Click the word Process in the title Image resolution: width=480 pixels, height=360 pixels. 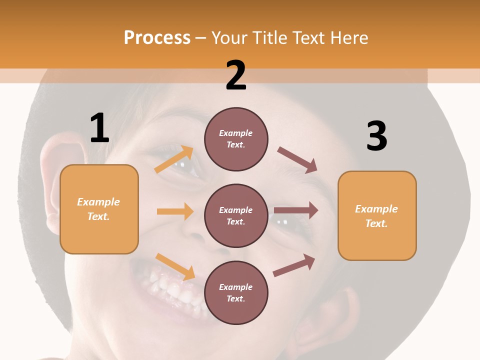pyautogui.click(x=157, y=38)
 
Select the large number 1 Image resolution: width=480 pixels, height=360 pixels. pyautogui.click(x=99, y=128)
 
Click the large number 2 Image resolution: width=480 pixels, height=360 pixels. pyautogui.click(x=236, y=75)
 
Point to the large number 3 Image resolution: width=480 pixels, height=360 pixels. pyautogui.click(x=376, y=136)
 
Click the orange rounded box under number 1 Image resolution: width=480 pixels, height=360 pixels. pyautogui.click(x=99, y=209)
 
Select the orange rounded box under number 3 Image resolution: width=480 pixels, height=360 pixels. pyautogui.click(x=377, y=215)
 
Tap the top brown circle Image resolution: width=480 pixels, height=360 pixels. pyautogui.click(x=236, y=139)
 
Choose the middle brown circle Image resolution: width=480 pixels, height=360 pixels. pyautogui.click(x=236, y=215)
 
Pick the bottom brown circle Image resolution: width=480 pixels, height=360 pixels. pyautogui.click(x=236, y=292)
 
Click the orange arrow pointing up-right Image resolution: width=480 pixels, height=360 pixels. pyautogui.click(x=174, y=159)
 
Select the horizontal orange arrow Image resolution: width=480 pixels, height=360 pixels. pyautogui.click(x=175, y=211)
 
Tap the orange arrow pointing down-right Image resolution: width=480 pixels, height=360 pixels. pyautogui.click(x=175, y=266)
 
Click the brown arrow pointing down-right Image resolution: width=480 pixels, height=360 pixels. pyautogui.click(x=297, y=160)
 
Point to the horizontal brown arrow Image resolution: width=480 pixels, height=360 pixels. pyautogui.click(x=295, y=210)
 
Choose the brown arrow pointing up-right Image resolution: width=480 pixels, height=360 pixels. pyautogui.click(x=294, y=265)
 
